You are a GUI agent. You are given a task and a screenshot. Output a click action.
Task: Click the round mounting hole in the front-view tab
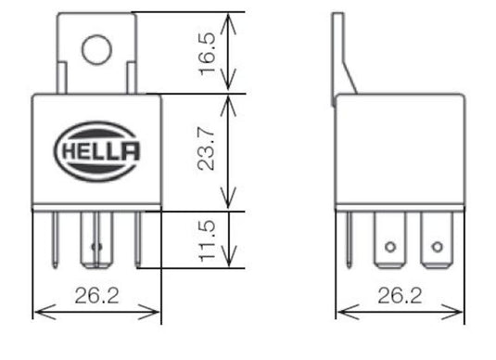(96, 48)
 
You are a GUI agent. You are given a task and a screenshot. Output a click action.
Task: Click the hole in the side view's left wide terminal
(390, 247)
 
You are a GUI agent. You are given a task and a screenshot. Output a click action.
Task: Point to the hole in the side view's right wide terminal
(437, 247)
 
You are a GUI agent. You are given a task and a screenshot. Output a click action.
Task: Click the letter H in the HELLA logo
(70, 149)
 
